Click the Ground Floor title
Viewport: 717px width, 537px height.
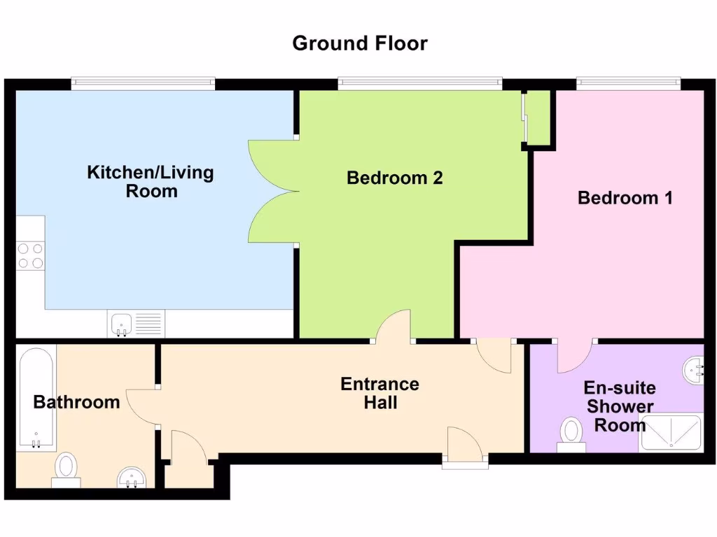359,43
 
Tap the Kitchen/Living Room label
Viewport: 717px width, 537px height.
151,181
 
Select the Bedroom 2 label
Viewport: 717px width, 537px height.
395,178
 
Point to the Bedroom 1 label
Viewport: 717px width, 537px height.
625,198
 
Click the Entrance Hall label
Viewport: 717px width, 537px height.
380,393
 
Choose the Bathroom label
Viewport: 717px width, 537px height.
76,402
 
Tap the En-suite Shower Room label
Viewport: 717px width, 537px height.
620,406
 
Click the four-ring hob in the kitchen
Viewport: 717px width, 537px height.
30,255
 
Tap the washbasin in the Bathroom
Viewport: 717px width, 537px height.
130,478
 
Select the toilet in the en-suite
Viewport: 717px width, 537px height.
572,435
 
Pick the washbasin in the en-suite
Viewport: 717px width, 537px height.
695,368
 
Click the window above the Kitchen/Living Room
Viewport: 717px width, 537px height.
143,84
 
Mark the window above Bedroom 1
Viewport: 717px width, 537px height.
628,84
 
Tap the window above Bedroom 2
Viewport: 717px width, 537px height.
419,84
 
